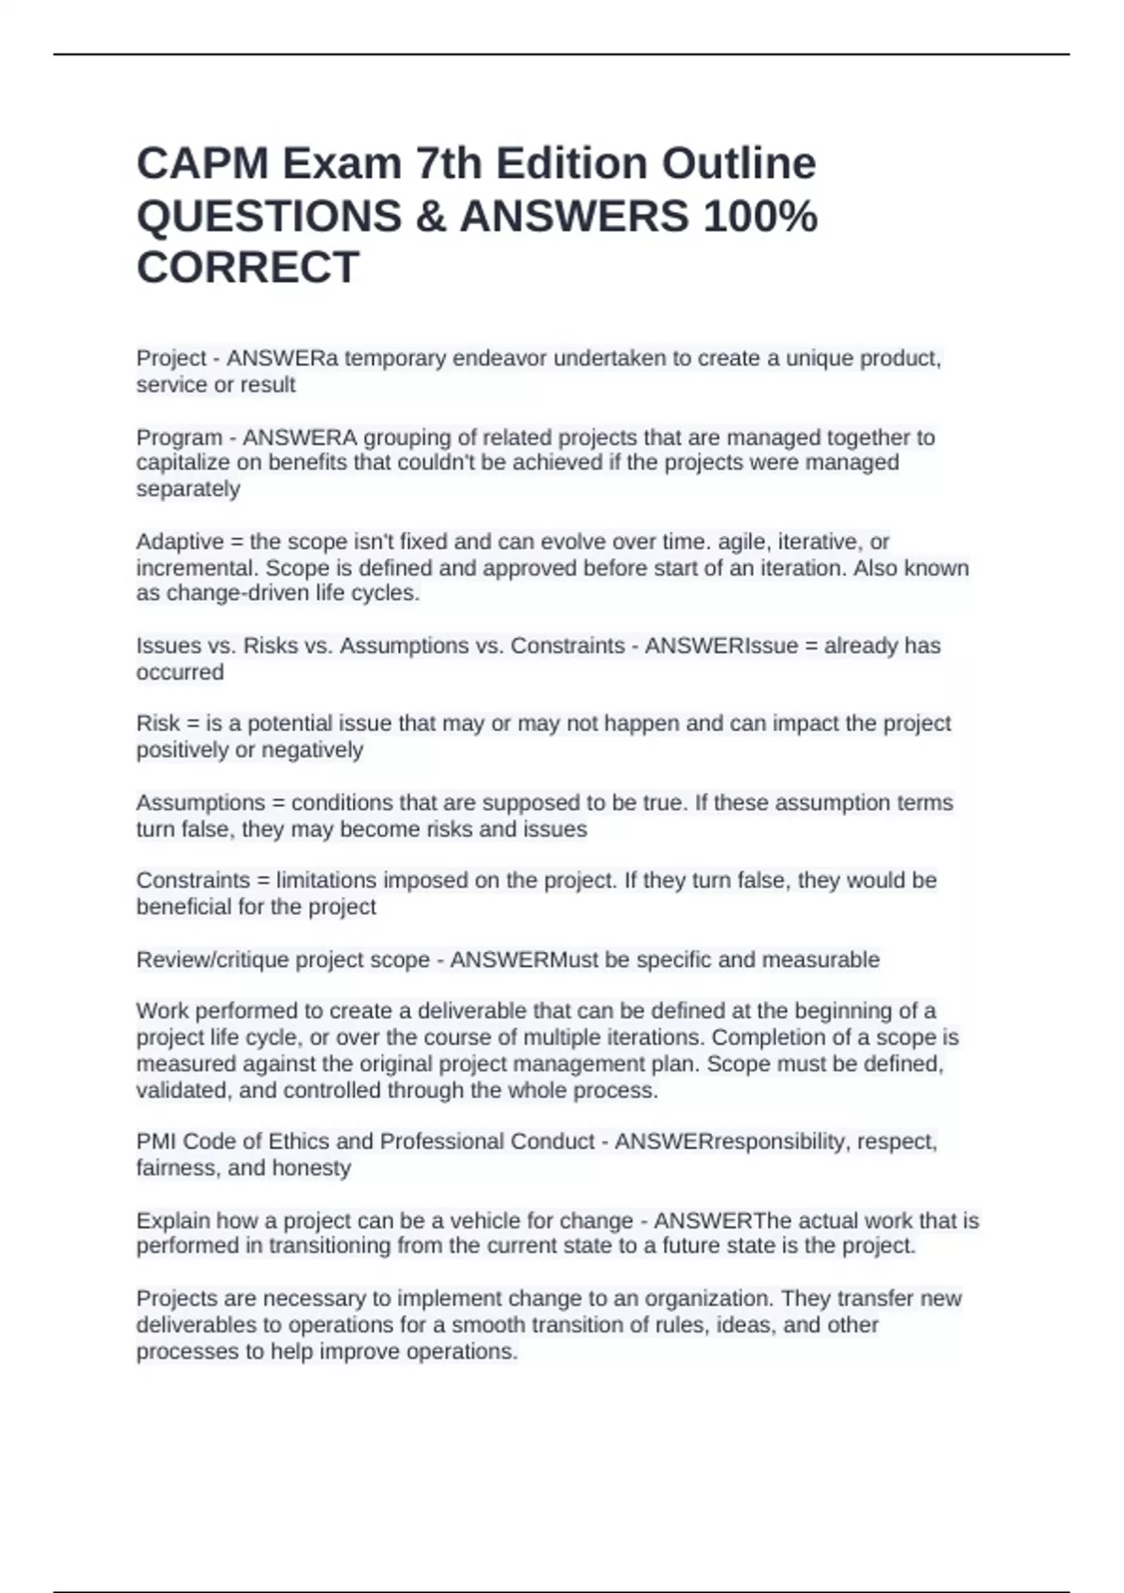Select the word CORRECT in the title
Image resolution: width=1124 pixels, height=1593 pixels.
tap(248, 268)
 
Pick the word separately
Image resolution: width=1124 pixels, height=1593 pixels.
tap(188, 489)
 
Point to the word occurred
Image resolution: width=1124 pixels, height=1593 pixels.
tap(180, 672)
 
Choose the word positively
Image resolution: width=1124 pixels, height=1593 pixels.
tap(182, 750)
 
